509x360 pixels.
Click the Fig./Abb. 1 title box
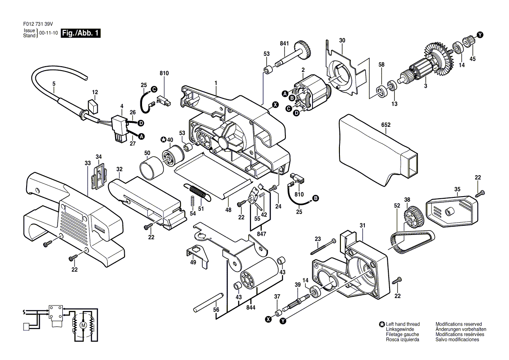tap(81, 33)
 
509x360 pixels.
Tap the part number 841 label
tap(285, 44)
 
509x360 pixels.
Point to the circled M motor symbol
tap(83, 325)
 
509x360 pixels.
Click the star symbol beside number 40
tap(163, 140)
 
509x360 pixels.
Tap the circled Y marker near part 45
tap(480, 35)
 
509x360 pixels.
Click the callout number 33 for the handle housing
tap(88, 163)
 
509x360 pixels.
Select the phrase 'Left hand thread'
tap(403, 324)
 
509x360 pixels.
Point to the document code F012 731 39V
tap(38, 24)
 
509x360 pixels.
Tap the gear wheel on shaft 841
tap(304, 50)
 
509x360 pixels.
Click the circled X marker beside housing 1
tap(275, 105)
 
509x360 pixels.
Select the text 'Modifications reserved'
tap(458, 324)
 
